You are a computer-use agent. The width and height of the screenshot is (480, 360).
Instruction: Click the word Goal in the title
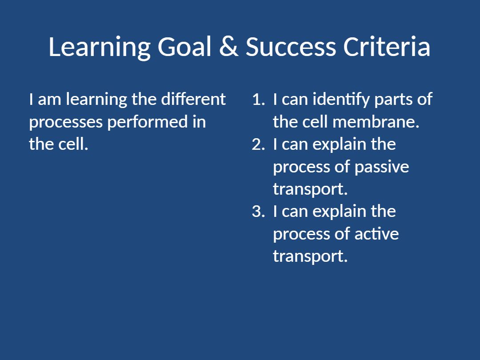[x=184, y=47]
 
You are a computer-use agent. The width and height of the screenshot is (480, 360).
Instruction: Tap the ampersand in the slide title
[x=229, y=47]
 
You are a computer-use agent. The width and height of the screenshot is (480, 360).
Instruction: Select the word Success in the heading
[x=291, y=47]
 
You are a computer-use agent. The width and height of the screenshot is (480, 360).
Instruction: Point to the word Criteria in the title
[x=387, y=47]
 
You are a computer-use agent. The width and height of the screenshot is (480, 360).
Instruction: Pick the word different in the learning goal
[x=193, y=99]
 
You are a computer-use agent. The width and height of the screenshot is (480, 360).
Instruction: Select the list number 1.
[x=259, y=100]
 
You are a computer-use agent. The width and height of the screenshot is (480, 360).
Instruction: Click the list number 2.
[x=258, y=144]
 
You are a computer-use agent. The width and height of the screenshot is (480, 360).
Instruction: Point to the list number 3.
[x=258, y=212]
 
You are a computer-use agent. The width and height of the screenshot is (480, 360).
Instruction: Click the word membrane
[x=376, y=122]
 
